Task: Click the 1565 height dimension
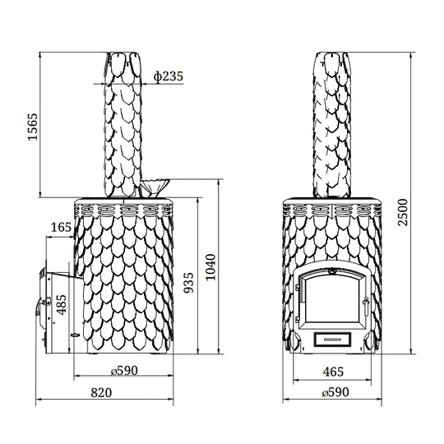[32, 127]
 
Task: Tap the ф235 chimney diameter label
[169, 76]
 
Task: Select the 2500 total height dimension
[402, 212]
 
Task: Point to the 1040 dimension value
[210, 267]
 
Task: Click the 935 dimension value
[188, 282]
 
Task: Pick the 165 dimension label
[61, 227]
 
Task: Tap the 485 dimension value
[61, 305]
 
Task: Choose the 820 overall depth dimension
[101, 393]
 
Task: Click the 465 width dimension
[333, 372]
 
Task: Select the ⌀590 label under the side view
[124, 371]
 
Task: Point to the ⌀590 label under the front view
[335, 392]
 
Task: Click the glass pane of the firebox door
[331, 299]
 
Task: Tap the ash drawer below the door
[332, 339]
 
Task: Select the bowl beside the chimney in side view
[155, 187]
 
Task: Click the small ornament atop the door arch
[331, 271]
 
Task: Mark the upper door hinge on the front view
[298, 288]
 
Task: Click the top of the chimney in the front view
[332, 53]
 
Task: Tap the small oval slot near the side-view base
[76, 335]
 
